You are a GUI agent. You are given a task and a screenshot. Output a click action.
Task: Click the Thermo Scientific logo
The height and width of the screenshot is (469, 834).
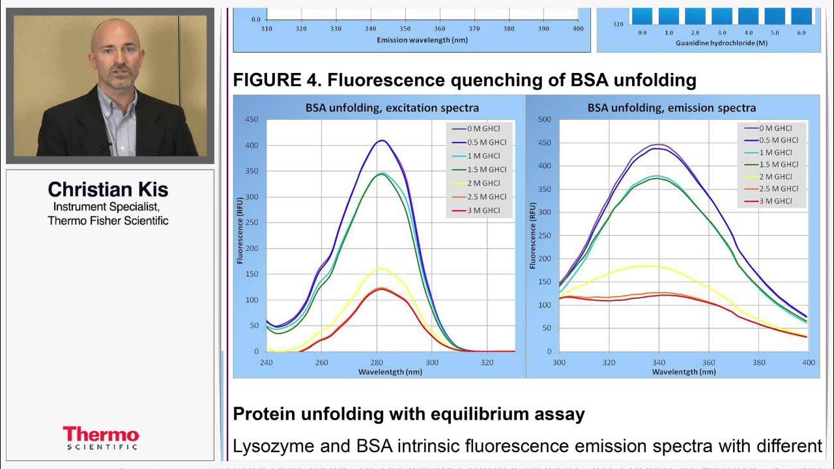[101, 438]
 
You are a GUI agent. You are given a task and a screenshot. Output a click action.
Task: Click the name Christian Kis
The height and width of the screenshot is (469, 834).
[108, 190]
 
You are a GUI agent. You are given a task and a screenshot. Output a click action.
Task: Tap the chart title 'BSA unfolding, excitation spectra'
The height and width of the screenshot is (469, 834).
[379, 107]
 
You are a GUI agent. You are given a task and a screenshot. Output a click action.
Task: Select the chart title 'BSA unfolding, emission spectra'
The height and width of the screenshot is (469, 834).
[672, 107]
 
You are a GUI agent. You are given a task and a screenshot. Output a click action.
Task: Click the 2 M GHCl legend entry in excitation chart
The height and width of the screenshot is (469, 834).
[483, 183]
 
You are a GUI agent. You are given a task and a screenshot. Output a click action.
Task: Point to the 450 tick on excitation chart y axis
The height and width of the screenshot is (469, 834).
[251, 119]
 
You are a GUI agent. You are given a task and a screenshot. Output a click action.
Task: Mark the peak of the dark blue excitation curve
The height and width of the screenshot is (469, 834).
[382, 140]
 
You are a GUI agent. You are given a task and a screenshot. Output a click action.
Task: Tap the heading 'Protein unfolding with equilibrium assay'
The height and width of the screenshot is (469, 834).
[409, 414]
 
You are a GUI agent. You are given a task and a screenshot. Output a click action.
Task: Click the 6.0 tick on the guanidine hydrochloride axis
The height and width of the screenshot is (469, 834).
[801, 32]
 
